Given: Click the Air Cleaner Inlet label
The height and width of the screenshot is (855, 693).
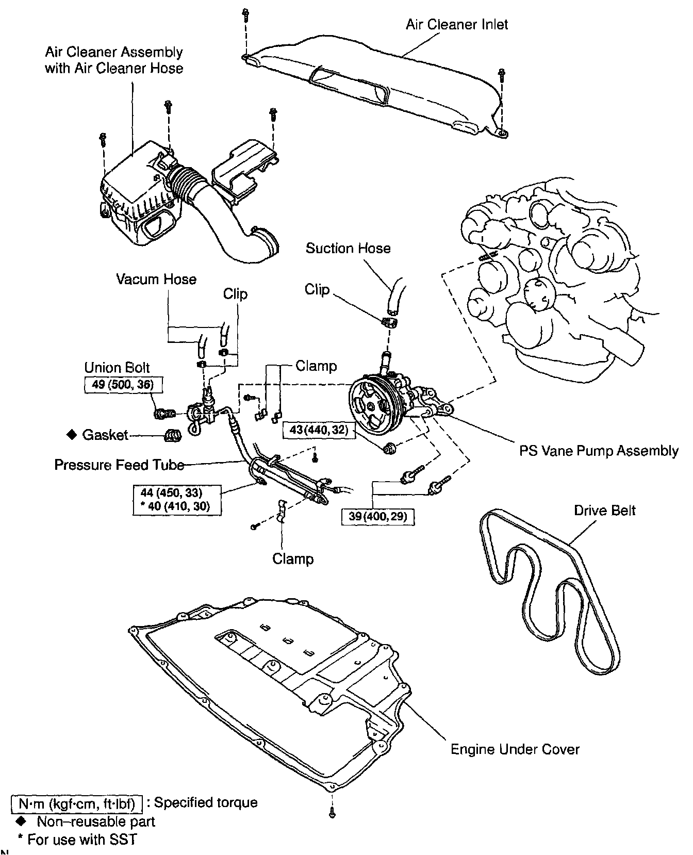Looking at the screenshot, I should tap(456, 24).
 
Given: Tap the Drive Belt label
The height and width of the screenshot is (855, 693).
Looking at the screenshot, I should tap(604, 510).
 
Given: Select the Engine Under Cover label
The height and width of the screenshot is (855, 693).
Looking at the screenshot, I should tap(515, 749).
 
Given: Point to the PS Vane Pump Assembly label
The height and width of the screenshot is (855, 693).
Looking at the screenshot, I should tap(598, 451).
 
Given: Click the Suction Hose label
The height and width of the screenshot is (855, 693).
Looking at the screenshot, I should tap(348, 248).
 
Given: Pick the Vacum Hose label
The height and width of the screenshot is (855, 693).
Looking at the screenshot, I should tap(156, 279).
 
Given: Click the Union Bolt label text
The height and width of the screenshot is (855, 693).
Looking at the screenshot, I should tap(117, 368).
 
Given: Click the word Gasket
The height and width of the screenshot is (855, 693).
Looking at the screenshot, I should tap(105, 435).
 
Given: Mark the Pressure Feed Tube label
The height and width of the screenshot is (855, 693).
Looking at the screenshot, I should tap(119, 465).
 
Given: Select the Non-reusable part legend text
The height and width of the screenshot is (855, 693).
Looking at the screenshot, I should tap(95, 821).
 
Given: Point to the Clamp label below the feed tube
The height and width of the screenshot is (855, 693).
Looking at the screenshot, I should tap(293, 558).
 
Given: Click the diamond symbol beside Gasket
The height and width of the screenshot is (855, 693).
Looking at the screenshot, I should tap(72, 435).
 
